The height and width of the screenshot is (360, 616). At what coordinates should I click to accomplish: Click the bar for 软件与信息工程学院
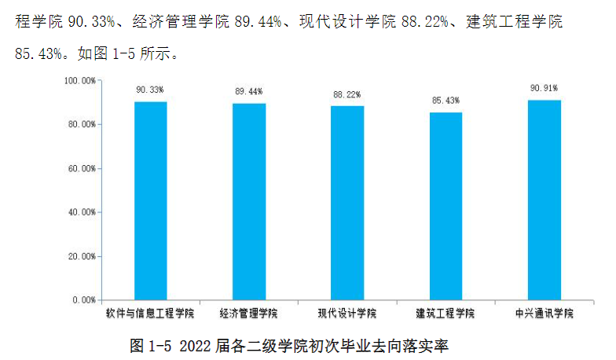pos(150,200)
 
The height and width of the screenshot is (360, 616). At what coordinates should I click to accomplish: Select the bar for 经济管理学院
pos(249,201)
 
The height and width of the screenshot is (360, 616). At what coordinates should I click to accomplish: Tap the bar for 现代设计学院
pos(347,203)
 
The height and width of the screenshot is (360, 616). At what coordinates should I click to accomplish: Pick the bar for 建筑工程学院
pos(445,206)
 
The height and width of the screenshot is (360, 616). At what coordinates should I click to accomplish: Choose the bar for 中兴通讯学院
pos(544,200)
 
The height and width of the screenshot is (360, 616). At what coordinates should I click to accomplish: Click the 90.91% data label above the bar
pos(544,87)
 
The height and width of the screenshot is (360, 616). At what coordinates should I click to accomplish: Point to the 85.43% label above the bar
pos(445,101)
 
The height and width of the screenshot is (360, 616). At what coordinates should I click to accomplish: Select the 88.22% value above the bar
pos(347,94)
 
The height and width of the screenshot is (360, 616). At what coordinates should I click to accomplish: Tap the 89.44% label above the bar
pos(249,91)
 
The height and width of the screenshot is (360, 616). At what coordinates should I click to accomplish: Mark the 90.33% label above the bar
pos(150,90)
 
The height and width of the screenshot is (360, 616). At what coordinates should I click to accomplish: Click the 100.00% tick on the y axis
pos(79,81)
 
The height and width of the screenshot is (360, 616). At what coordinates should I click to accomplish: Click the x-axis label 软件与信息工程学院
pos(150,314)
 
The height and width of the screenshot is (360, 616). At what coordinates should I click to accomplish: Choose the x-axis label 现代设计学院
pos(347,314)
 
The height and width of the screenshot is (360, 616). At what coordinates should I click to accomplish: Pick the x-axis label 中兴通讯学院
pos(544,314)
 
